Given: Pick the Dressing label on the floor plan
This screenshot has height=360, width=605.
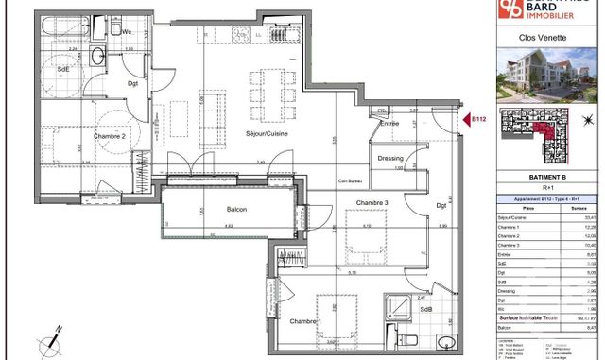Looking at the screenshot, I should [389, 159].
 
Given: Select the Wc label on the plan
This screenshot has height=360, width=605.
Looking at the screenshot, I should [128, 33].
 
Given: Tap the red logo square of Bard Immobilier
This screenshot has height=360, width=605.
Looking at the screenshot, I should [514, 9].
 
